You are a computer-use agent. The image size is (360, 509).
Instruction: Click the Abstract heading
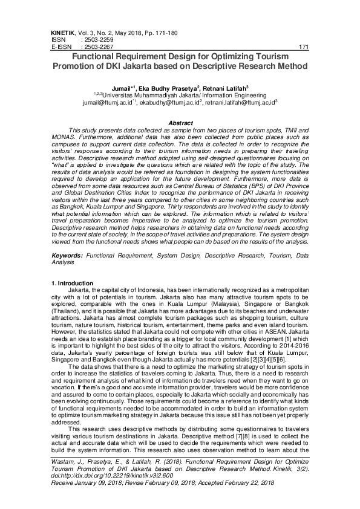tap(180, 123)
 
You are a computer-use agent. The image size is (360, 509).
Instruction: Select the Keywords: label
tap(66, 257)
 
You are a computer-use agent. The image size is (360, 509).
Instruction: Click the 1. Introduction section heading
tap(71, 284)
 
